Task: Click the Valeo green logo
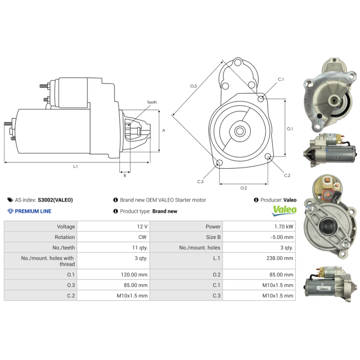pyautogui.click(x=285, y=210)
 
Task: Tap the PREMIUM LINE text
pyautogui.click(x=33, y=211)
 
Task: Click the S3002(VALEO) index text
pyautogui.click(x=55, y=200)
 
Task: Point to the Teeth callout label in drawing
pyautogui.click(x=152, y=103)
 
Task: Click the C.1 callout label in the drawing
pyautogui.click(x=281, y=79)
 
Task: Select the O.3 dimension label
pyautogui.click(x=193, y=85)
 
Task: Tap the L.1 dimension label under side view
pyautogui.click(x=76, y=166)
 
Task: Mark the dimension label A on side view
pyautogui.click(x=164, y=130)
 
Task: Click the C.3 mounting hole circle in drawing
pyautogui.click(x=219, y=163)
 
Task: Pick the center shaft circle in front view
pyautogui.click(x=240, y=131)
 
